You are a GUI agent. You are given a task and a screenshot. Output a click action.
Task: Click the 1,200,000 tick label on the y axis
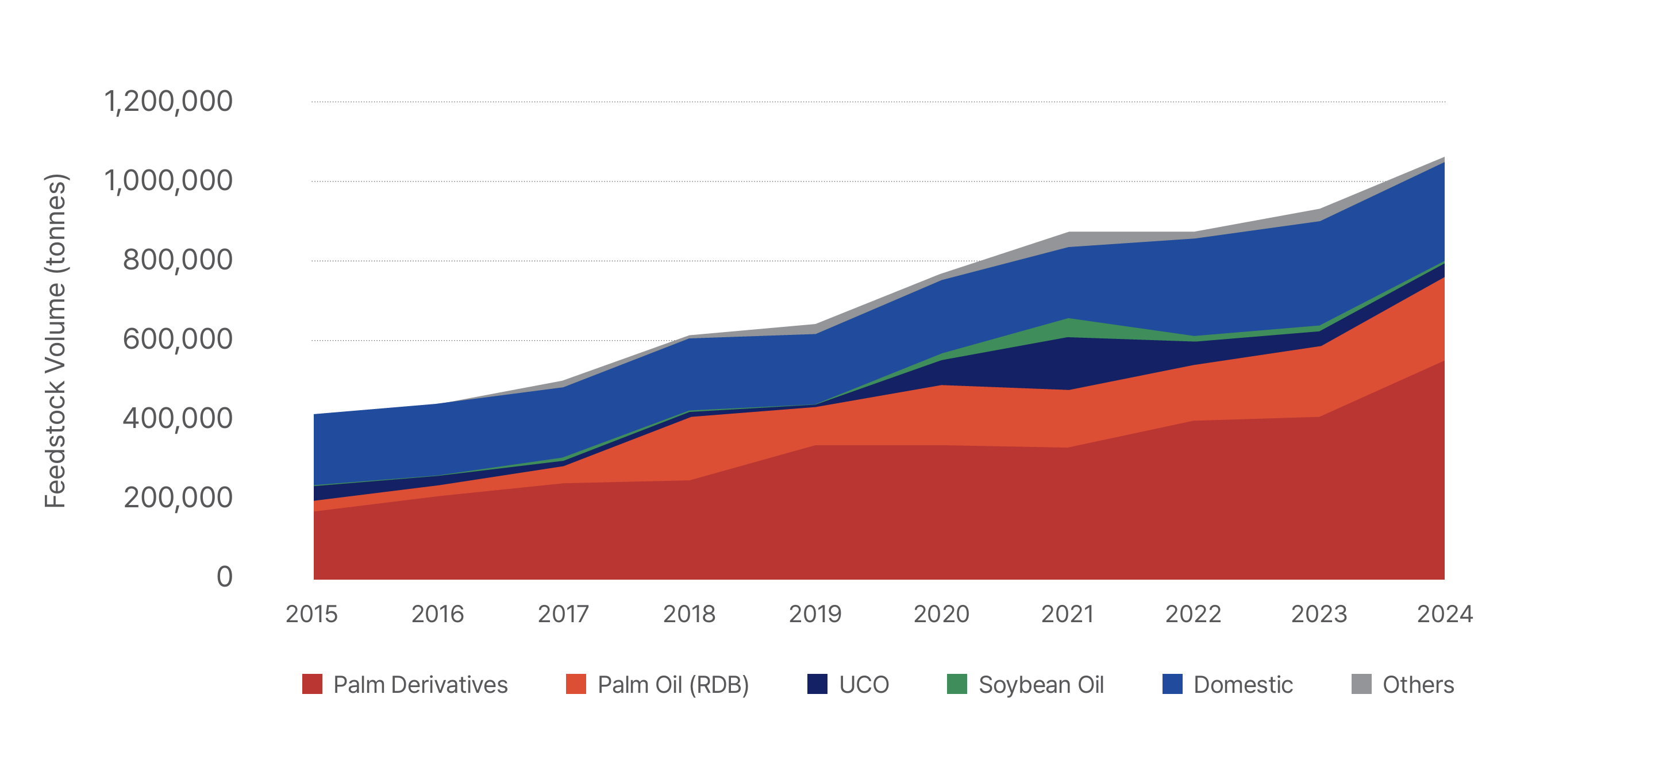coord(168,102)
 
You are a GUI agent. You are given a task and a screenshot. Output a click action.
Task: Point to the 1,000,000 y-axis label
coord(168,181)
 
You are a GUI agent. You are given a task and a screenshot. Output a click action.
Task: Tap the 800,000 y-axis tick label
coord(178,260)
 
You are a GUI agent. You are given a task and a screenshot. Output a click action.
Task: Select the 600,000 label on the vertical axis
coord(178,339)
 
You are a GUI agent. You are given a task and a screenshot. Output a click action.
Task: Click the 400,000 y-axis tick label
coord(178,419)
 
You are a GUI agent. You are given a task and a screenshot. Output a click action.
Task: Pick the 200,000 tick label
coord(178,498)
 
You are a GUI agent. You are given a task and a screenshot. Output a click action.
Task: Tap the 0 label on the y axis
coord(225,577)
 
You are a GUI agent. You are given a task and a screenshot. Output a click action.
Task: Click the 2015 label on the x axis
coord(311,615)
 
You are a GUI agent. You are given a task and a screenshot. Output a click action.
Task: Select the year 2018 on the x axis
coord(690,615)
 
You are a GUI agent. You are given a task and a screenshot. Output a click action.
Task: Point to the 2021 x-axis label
coord(1067,615)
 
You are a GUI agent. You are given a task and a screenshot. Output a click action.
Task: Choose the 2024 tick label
coord(1445,615)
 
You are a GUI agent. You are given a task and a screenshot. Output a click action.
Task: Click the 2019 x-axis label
coord(815,615)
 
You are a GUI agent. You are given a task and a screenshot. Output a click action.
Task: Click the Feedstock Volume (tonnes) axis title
coord(56,341)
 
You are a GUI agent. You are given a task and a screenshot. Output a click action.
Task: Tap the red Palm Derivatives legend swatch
coord(312,684)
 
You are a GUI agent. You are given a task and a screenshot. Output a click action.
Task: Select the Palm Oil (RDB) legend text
coord(673,685)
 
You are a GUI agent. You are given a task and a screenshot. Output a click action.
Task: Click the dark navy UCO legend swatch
coord(817,684)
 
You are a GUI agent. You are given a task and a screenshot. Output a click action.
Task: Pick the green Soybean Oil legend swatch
coord(957,684)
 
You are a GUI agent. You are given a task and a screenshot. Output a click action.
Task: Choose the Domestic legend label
coord(1243,685)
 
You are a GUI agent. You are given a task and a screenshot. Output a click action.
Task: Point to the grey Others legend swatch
coord(1361,684)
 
